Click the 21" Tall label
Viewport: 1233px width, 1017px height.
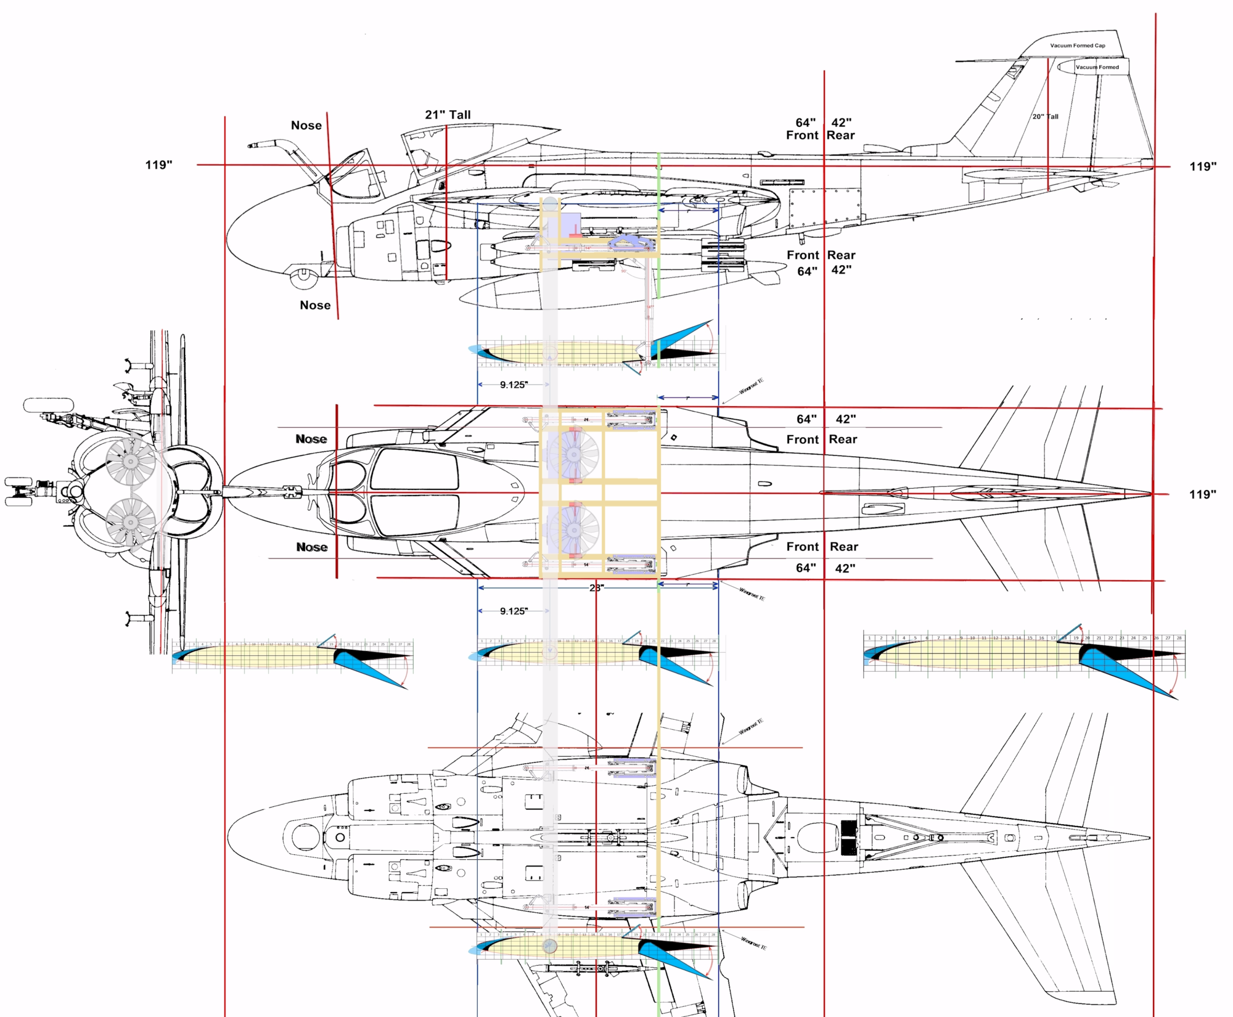448,115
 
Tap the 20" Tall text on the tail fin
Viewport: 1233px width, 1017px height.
1045,116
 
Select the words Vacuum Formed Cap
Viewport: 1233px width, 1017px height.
1078,46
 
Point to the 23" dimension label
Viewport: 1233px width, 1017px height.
596,588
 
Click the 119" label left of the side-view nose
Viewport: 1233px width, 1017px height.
158,165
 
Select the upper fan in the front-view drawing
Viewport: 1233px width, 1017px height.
130,460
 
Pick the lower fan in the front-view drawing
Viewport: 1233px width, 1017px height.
130,523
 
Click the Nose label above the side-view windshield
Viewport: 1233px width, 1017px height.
306,126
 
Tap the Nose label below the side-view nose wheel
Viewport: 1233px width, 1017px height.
315,306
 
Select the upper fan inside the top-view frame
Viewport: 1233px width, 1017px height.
573,455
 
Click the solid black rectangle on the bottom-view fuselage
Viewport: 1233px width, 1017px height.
849,838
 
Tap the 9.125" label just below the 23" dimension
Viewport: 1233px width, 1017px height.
514,611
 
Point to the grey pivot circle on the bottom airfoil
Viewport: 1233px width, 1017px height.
549,946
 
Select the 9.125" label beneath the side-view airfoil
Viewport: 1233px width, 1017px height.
514,385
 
